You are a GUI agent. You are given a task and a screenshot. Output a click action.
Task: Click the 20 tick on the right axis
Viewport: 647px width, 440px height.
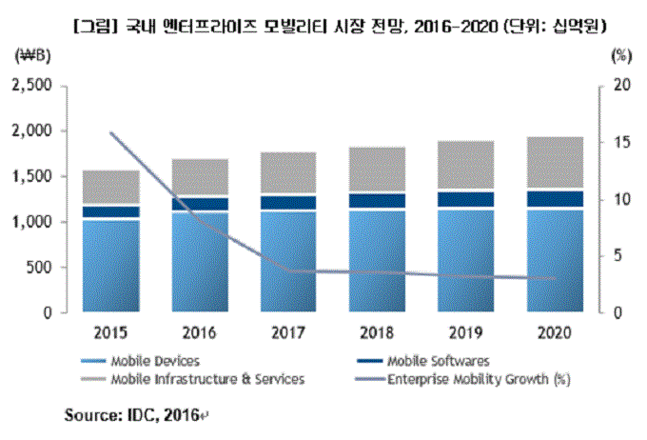click(618, 86)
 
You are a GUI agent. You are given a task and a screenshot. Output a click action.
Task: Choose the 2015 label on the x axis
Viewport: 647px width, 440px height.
click(110, 333)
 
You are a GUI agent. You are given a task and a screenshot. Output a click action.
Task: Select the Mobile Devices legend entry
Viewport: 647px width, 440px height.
click(148, 361)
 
